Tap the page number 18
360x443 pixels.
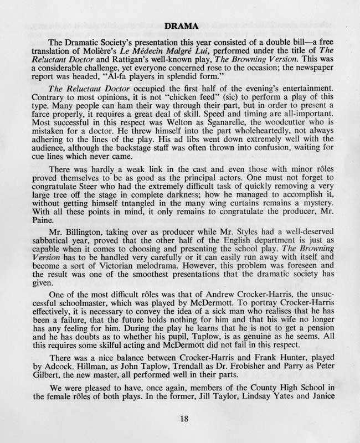[x=184, y=419]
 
